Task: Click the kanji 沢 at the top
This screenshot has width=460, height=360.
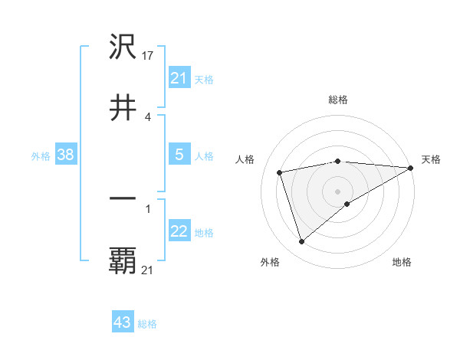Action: [123, 48]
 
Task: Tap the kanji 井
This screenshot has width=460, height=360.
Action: [123, 108]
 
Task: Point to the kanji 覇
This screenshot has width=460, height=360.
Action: [123, 260]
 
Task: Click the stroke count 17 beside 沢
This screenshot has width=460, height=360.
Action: [149, 56]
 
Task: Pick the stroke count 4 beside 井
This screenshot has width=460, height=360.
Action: [148, 116]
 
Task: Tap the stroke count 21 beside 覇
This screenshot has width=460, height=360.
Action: [148, 269]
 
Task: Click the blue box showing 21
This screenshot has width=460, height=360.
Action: [179, 78]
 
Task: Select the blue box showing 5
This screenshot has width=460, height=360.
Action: [179, 155]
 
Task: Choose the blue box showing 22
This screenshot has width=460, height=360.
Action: [179, 231]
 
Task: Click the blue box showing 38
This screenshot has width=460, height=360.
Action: [66, 155]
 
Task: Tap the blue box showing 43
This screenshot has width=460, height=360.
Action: [123, 322]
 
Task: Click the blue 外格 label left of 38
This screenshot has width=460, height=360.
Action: [41, 155]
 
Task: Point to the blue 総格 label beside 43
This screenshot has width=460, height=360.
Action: [147, 324]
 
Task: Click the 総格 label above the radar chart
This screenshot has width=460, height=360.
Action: [338, 100]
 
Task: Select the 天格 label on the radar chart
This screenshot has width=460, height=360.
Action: [431, 159]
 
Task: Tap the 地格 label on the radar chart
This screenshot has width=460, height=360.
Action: [402, 263]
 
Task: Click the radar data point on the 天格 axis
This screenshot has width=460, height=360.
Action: [411, 168]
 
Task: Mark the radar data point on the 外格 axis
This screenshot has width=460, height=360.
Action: [301, 242]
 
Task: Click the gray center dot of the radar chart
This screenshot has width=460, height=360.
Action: [338, 191]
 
